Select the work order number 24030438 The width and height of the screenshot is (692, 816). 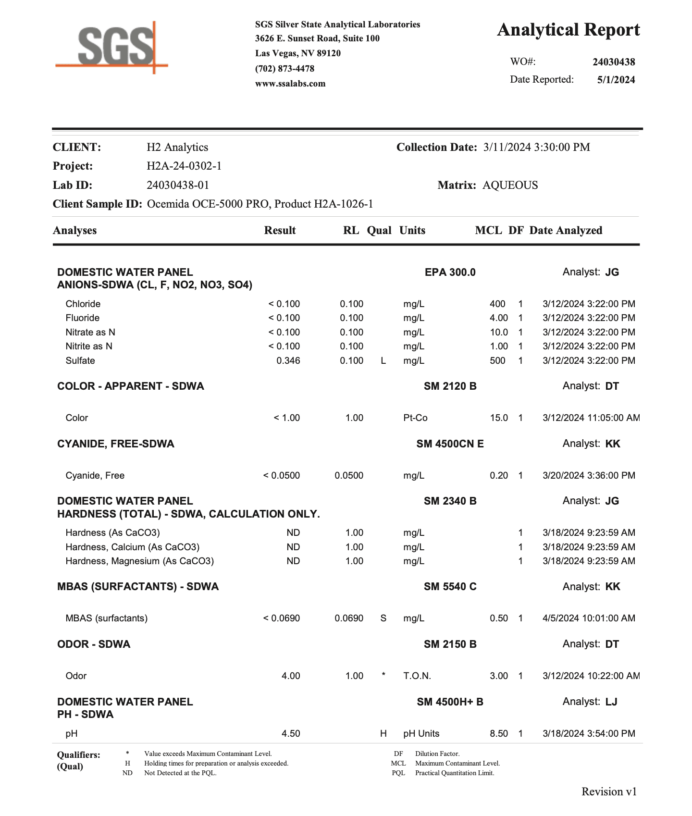pos(614,62)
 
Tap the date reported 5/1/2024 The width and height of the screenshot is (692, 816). pos(616,80)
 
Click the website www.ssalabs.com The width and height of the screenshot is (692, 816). pos(290,84)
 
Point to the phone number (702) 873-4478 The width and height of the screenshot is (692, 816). pos(284,69)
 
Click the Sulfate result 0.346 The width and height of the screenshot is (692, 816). pos(288,360)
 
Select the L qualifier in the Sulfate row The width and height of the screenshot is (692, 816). pos(383,360)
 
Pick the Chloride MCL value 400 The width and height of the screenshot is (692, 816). pos(497,304)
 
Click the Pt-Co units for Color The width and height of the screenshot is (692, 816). pos(415,418)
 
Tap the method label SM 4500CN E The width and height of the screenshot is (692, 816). pos(450,444)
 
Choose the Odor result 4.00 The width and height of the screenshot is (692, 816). pos(291,676)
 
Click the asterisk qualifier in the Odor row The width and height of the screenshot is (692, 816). pos(383,675)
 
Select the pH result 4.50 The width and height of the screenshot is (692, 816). pos(291,733)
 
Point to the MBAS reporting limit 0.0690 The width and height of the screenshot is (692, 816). pos(349,618)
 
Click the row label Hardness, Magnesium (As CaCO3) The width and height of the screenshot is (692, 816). pos(139,561)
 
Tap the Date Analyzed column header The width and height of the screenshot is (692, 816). pos(566,230)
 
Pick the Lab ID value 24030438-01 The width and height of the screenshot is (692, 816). pos(178,185)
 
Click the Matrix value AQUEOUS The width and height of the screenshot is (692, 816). pos(510,185)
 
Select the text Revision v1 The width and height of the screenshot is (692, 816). pos(609,791)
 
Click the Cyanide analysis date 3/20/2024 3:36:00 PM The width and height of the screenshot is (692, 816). pos(589,475)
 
